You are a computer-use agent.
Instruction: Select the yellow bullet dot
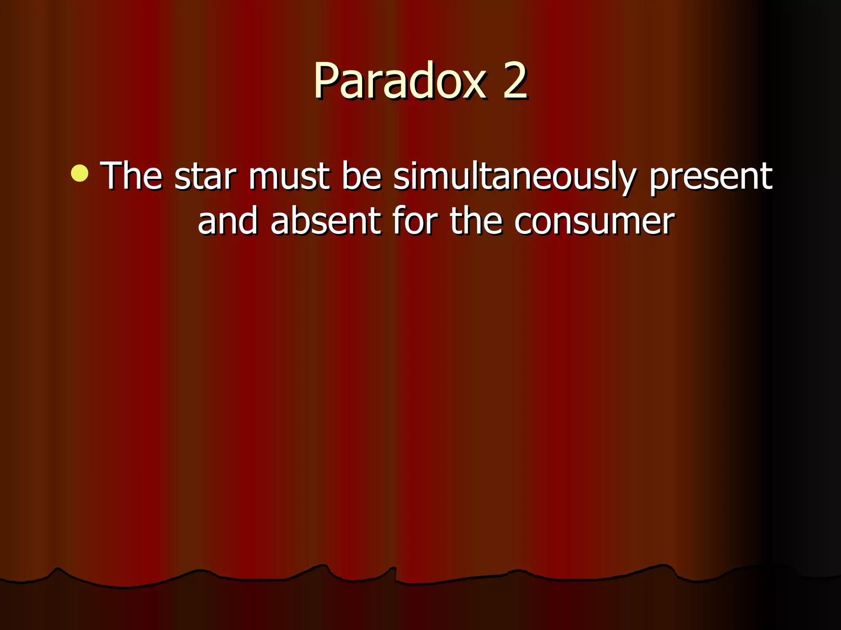pyautogui.click(x=80, y=173)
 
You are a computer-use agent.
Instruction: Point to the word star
pyautogui.click(x=205, y=176)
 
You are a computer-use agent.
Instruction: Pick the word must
pyautogui.click(x=289, y=176)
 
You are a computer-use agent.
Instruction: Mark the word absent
pyautogui.click(x=325, y=221)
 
